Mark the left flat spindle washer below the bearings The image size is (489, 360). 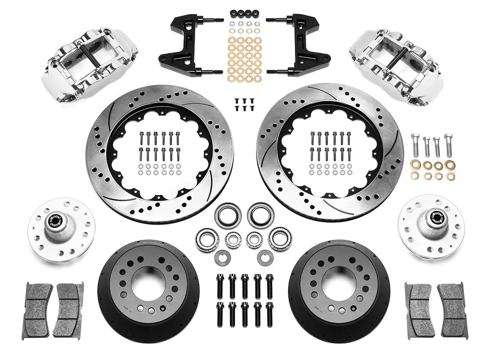point(224,256)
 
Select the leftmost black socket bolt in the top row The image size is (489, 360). point(220,286)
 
